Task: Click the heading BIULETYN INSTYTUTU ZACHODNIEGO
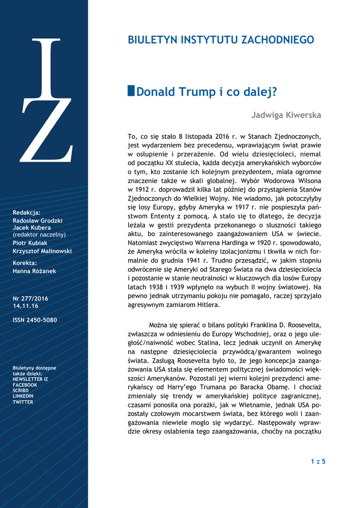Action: click(x=221, y=40)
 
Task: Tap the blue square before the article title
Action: click(x=131, y=91)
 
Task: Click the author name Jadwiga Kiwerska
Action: click(x=286, y=116)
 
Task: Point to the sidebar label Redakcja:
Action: click(x=27, y=212)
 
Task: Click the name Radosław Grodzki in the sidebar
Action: click(x=38, y=220)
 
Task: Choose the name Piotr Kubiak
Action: click(x=30, y=243)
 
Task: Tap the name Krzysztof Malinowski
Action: click(x=42, y=252)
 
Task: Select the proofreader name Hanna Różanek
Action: click(x=35, y=271)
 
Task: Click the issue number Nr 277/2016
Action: click(x=30, y=299)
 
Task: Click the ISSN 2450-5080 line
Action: click(x=35, y=320)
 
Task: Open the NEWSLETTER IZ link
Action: click(x=30, y=379)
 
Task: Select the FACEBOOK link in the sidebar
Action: click(x=25, y=385)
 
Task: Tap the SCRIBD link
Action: click(x=21, y=391)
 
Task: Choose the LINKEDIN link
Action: click(x=23, y=396)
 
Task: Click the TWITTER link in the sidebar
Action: click(x=23, y=402)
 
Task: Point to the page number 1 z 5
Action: click(x=318, y=462)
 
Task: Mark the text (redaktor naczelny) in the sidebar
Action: click(x=39, y=235)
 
